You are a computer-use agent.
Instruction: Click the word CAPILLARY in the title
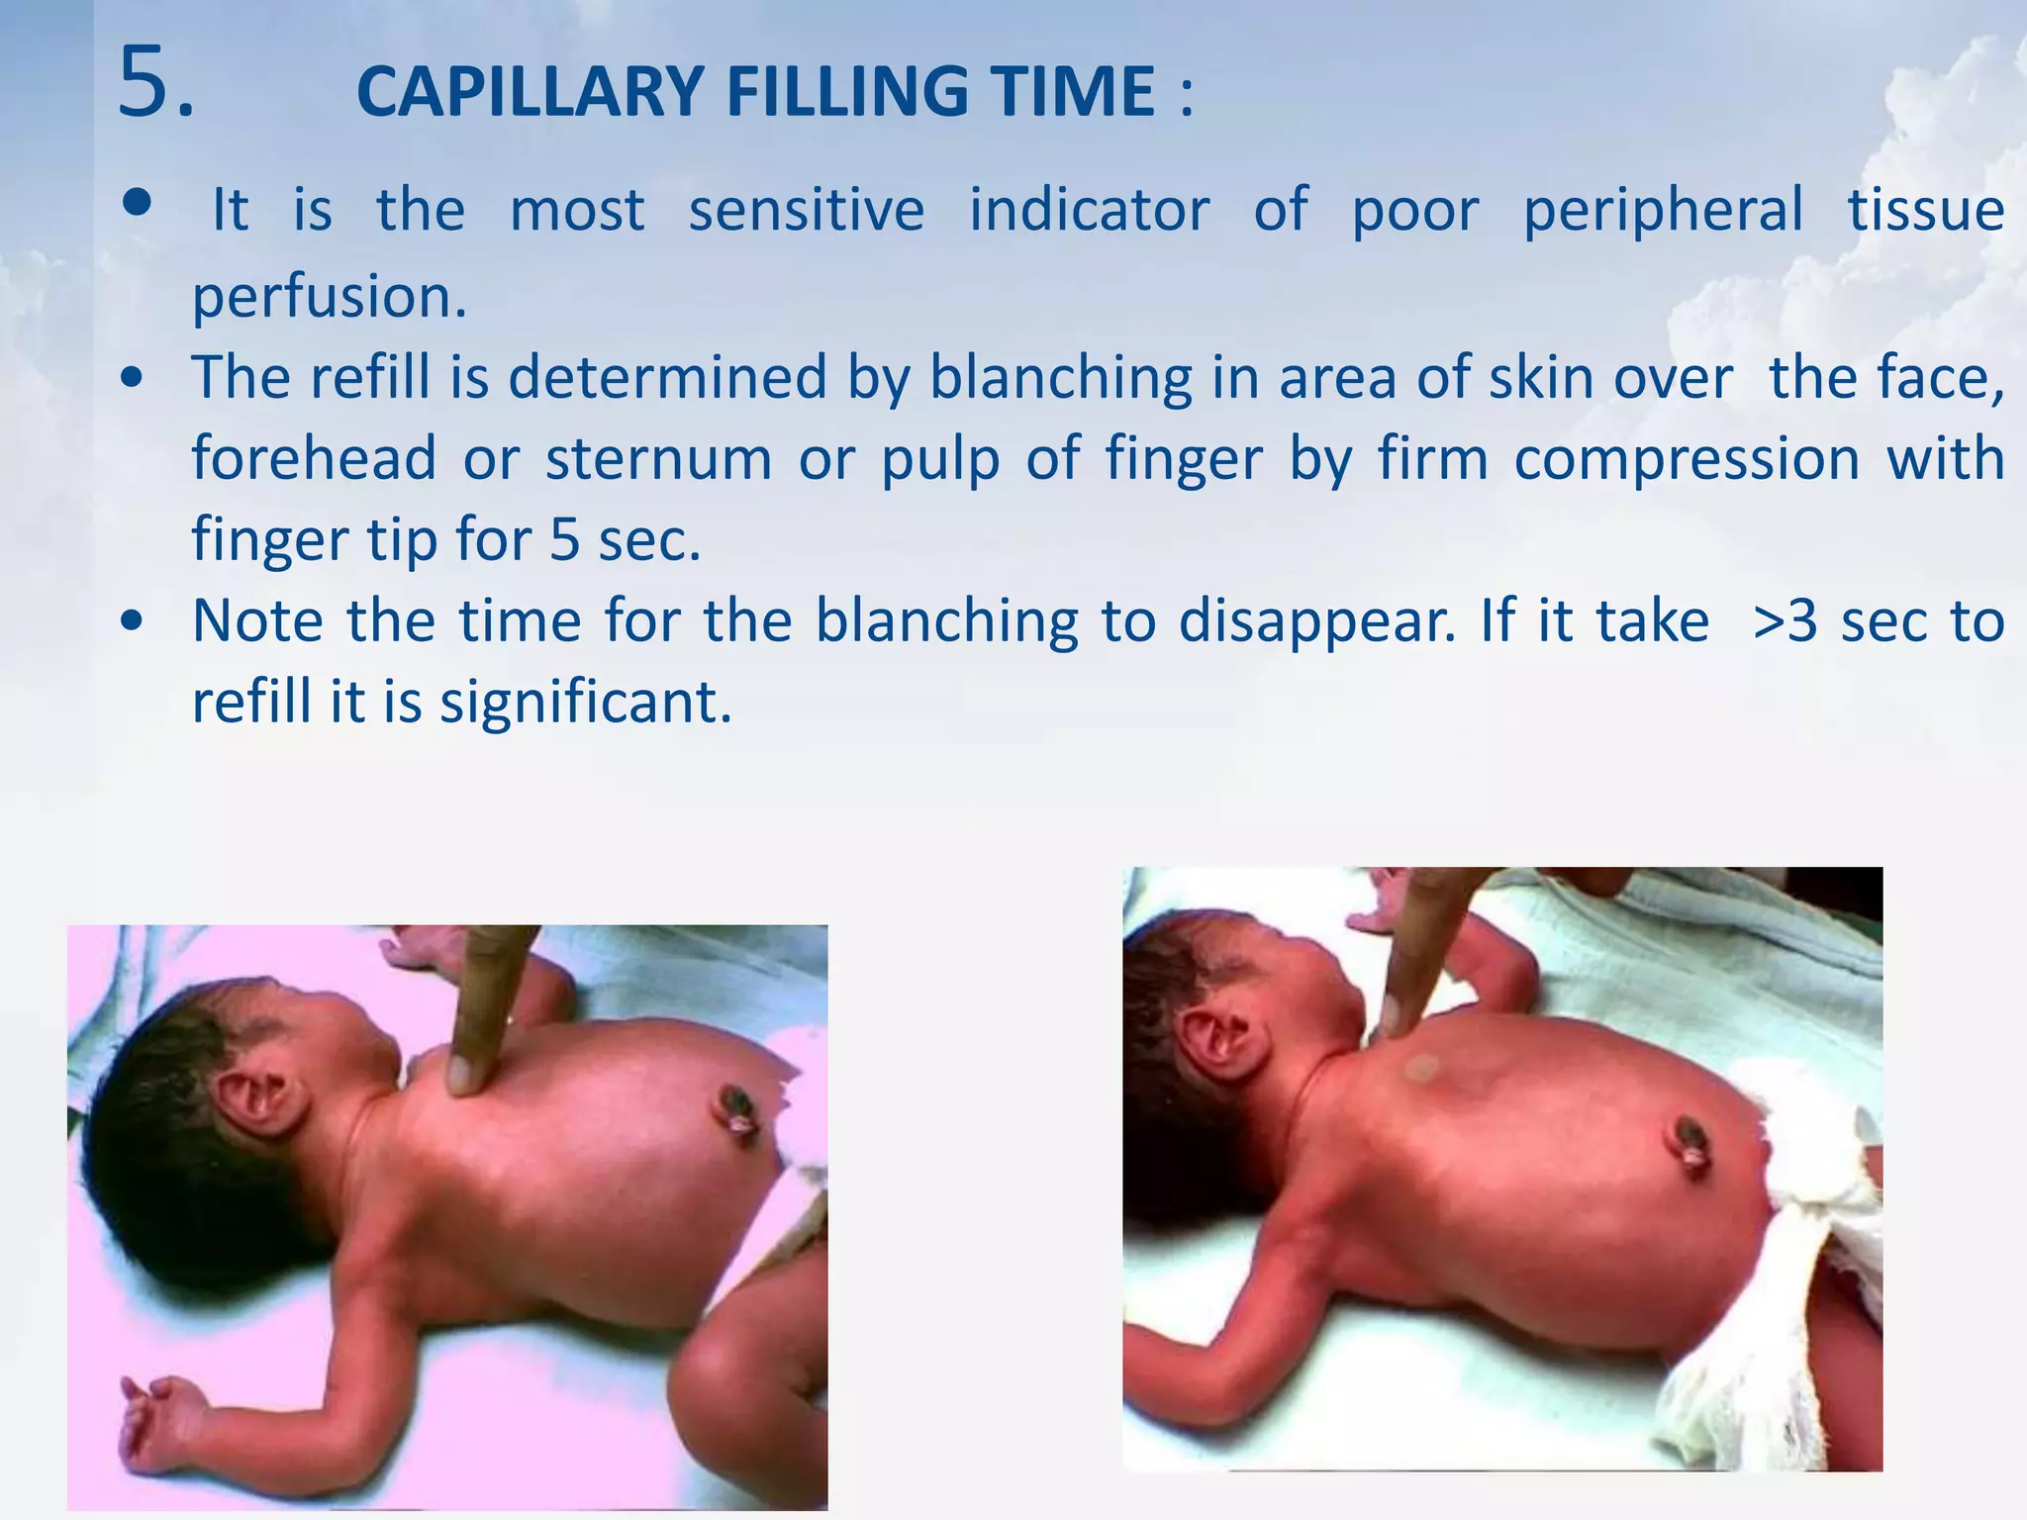click(530, 92)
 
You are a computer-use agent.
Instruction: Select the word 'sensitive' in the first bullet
click(807, 210)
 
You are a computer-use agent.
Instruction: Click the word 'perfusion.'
click(329, 296)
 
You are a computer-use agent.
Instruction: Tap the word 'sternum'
click(658, 459)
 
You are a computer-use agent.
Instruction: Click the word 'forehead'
click(314, 459)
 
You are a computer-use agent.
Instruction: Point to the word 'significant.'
click(586, 703)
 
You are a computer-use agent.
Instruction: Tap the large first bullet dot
click(138, 203)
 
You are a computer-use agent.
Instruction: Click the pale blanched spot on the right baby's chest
click(1422, 1068)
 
